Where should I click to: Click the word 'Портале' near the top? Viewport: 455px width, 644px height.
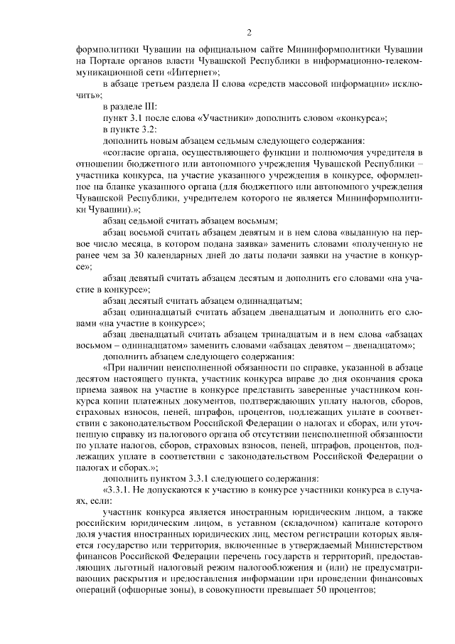click(x=107, y=61)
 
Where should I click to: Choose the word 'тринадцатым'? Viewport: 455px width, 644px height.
click(x=274, y=334)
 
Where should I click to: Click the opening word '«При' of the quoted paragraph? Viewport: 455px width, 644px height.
click(x=113, y=369)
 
